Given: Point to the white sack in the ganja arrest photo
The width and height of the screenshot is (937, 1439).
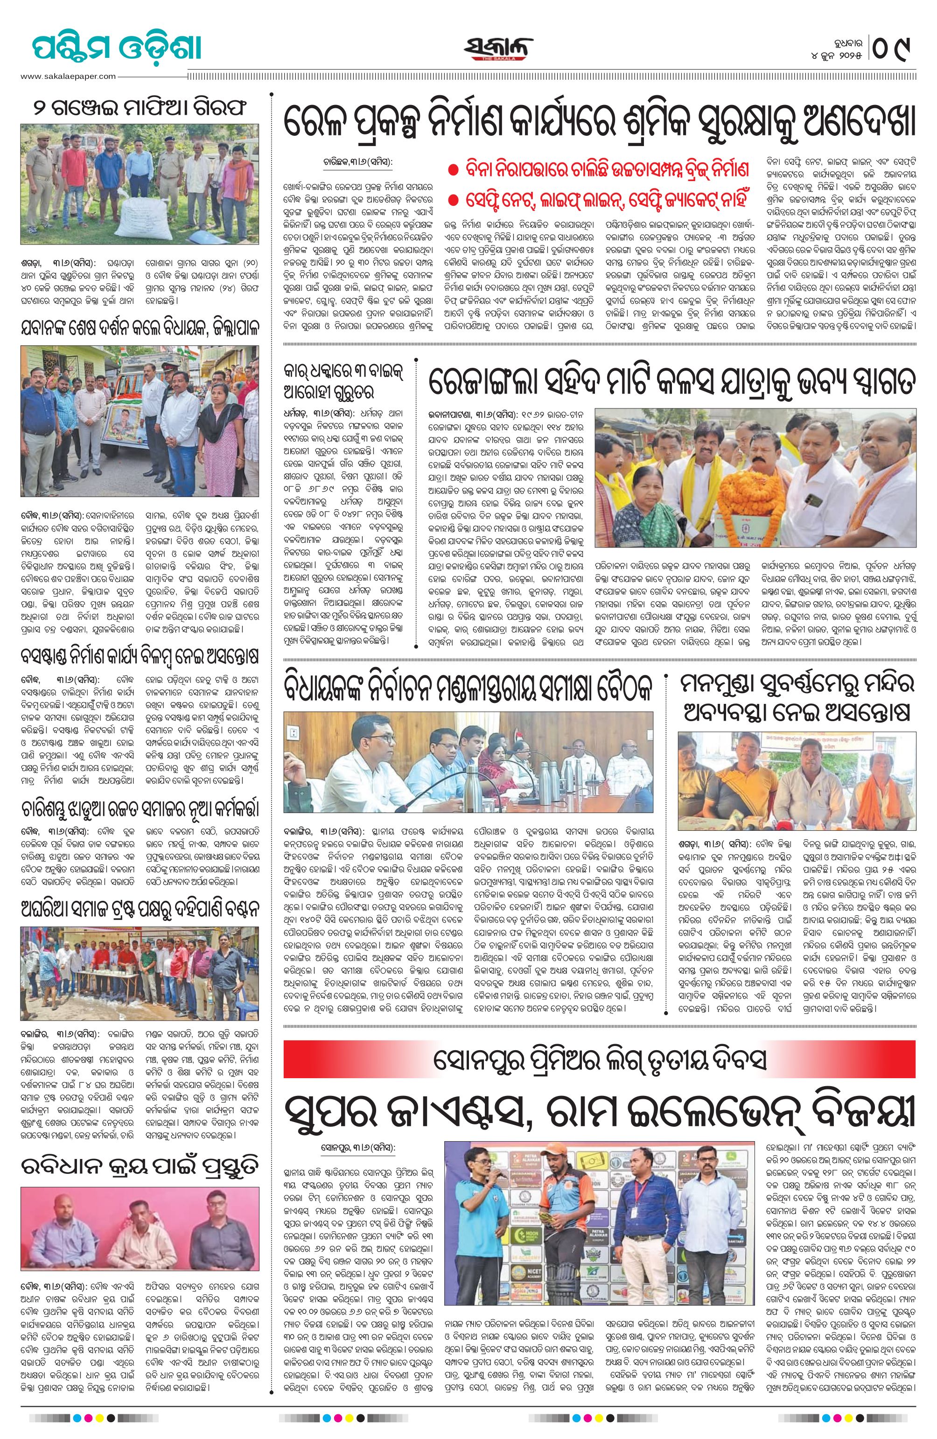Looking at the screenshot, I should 148,221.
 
